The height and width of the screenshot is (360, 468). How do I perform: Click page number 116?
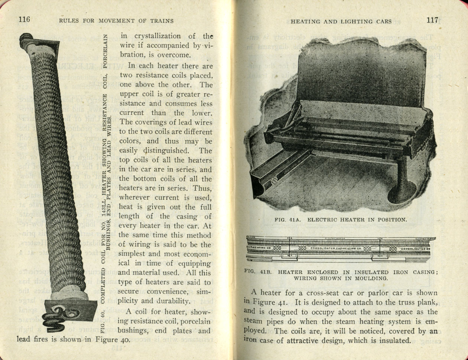[x=23, y=20]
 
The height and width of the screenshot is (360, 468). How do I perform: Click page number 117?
[x=432, y=20]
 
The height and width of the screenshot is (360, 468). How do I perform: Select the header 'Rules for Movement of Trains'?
[x=116, y=21]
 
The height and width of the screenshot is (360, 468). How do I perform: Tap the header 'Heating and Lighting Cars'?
[x=341, y=21]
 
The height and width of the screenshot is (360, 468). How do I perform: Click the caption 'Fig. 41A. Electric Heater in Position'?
[x=341, y=219]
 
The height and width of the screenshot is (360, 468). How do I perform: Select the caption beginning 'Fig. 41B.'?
[x=341, y=275]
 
